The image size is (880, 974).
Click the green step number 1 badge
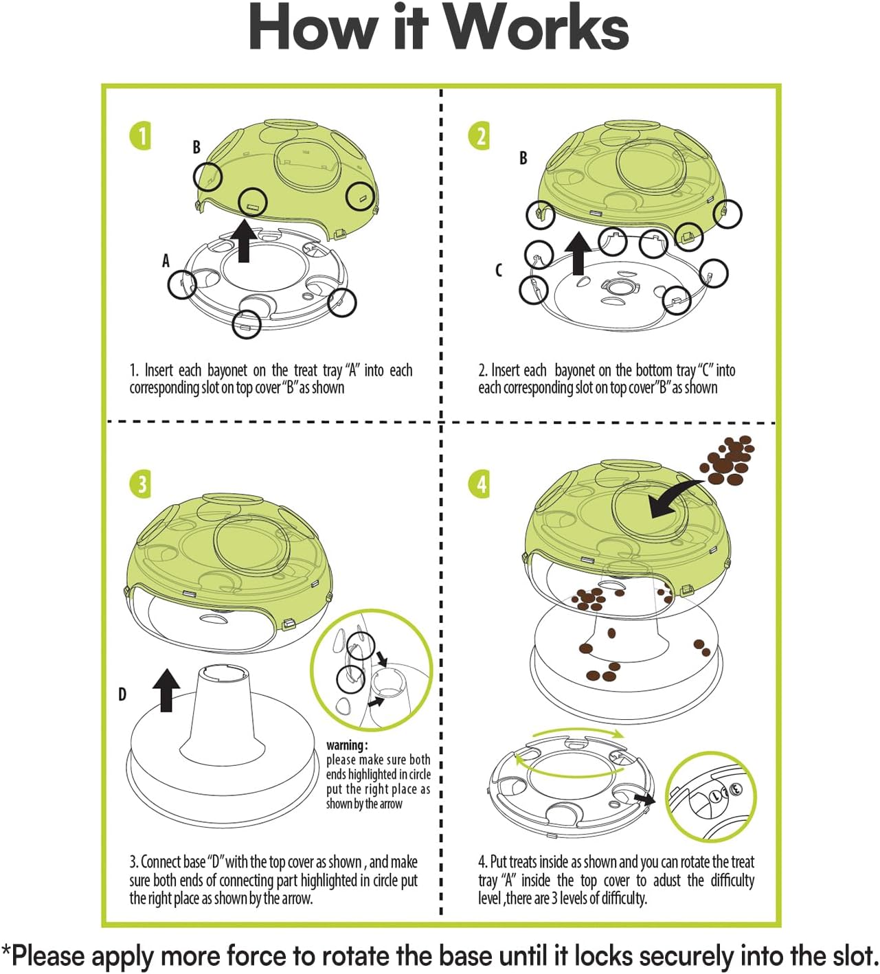[x=140, y=136]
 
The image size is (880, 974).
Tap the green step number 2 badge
[x=480, y=136]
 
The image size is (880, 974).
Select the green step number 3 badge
[x=140, y=484]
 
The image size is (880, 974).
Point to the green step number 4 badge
[x=480, y=484]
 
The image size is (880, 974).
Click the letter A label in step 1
[x=166, y=261]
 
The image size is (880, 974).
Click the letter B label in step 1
[x=196, y=147]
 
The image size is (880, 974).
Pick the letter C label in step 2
[x=499, y=270]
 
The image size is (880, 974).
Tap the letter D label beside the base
[x=122, y=694]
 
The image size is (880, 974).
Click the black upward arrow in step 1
[x=243, y=241]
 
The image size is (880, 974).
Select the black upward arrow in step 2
[x=578, y=253]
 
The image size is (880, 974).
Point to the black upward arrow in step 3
[x=166, y=690]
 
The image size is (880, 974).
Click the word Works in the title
[x=537, y=29]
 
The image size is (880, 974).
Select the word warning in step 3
[x=346, y=745]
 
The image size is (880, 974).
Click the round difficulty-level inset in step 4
[x=710, y=796]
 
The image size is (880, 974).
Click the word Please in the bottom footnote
[x=49, y=956]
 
